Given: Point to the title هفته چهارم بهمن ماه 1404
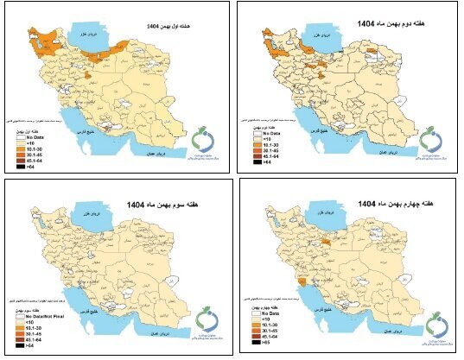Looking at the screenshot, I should coord(390,202).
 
